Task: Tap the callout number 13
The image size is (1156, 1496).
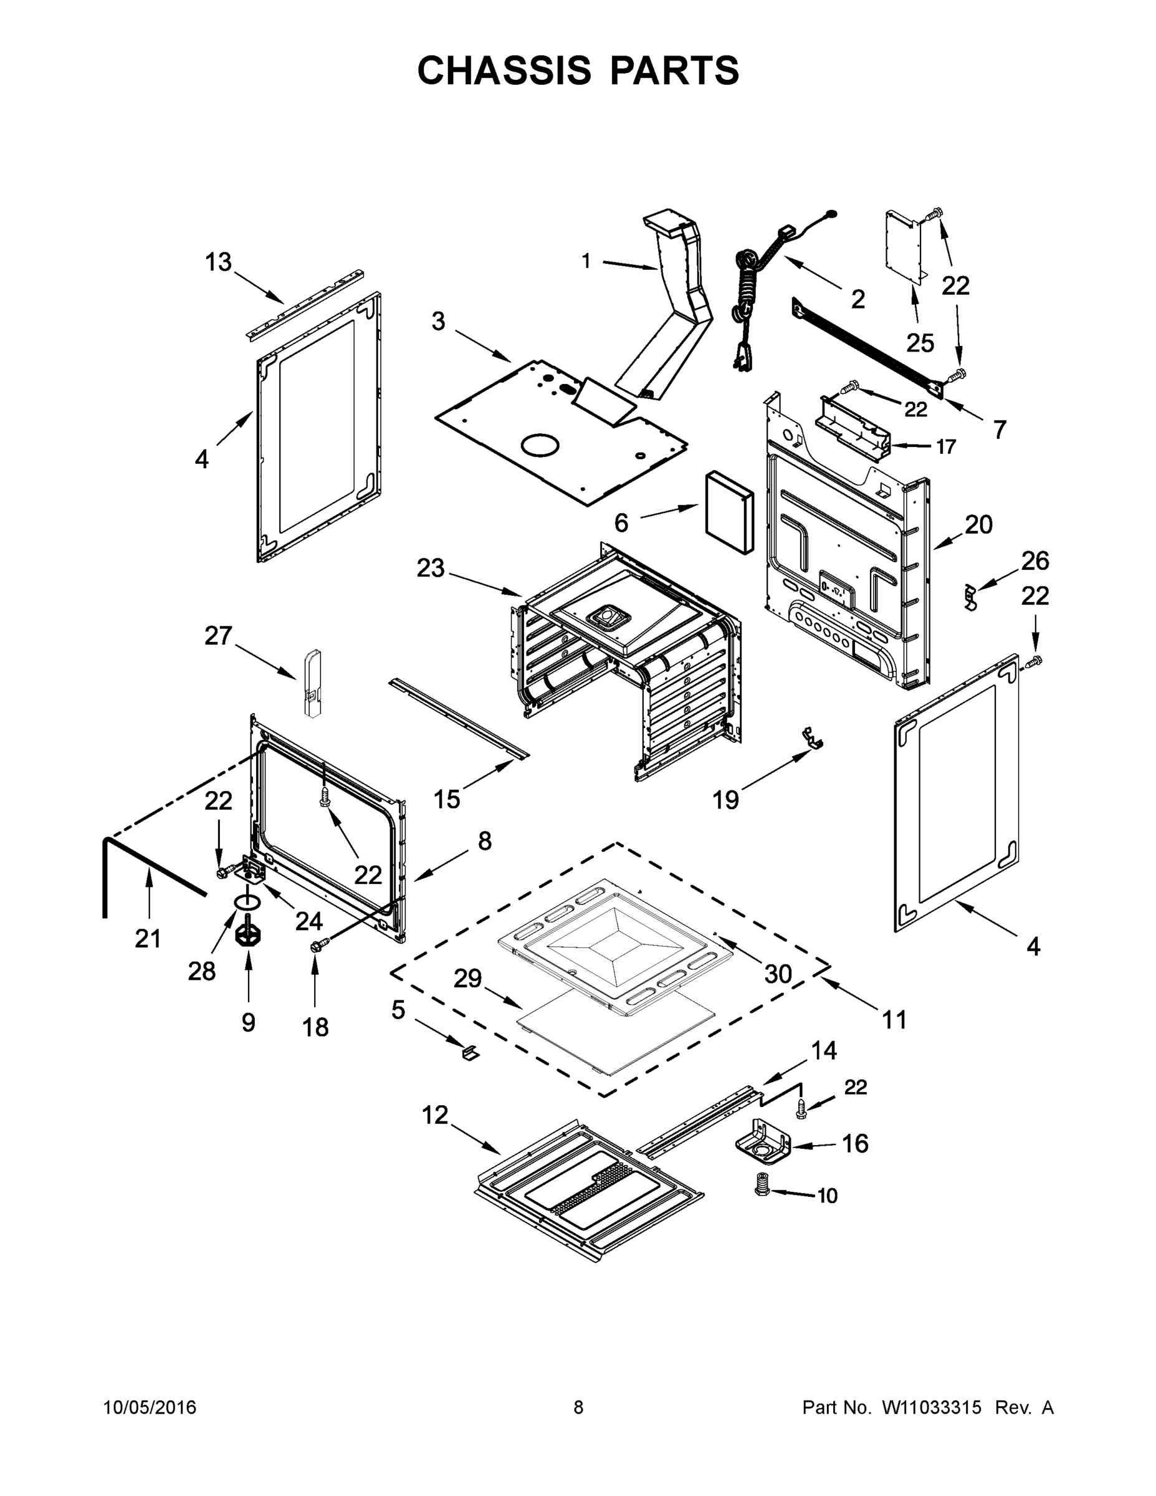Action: click(x=219, y=262)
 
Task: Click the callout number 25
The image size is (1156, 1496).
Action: click(x=920, y=342)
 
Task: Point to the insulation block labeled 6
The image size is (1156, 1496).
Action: click(x=728, y=512)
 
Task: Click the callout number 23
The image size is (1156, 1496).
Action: click(x=431, y=568)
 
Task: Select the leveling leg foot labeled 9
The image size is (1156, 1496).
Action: click(x=248, y=935)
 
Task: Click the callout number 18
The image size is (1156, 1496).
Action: click(x=316, y=1027)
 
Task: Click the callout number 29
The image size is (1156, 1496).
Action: click(x=468, y=979)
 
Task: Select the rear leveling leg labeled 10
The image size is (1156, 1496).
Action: click(x=761, y=1191)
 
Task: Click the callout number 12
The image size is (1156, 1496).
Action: click(x=435, y=1115)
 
